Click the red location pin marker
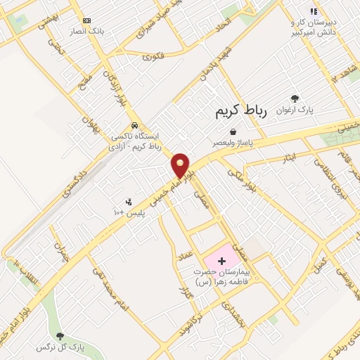(181, 166)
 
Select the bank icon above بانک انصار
(86, 21)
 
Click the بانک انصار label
(86, 32)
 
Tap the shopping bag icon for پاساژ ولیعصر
(233, 131)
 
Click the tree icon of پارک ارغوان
(295, 99)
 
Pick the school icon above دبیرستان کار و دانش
(314, 11)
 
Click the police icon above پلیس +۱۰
(128, 202)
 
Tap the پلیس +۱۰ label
(129, 212)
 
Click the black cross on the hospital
(222, 260)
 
